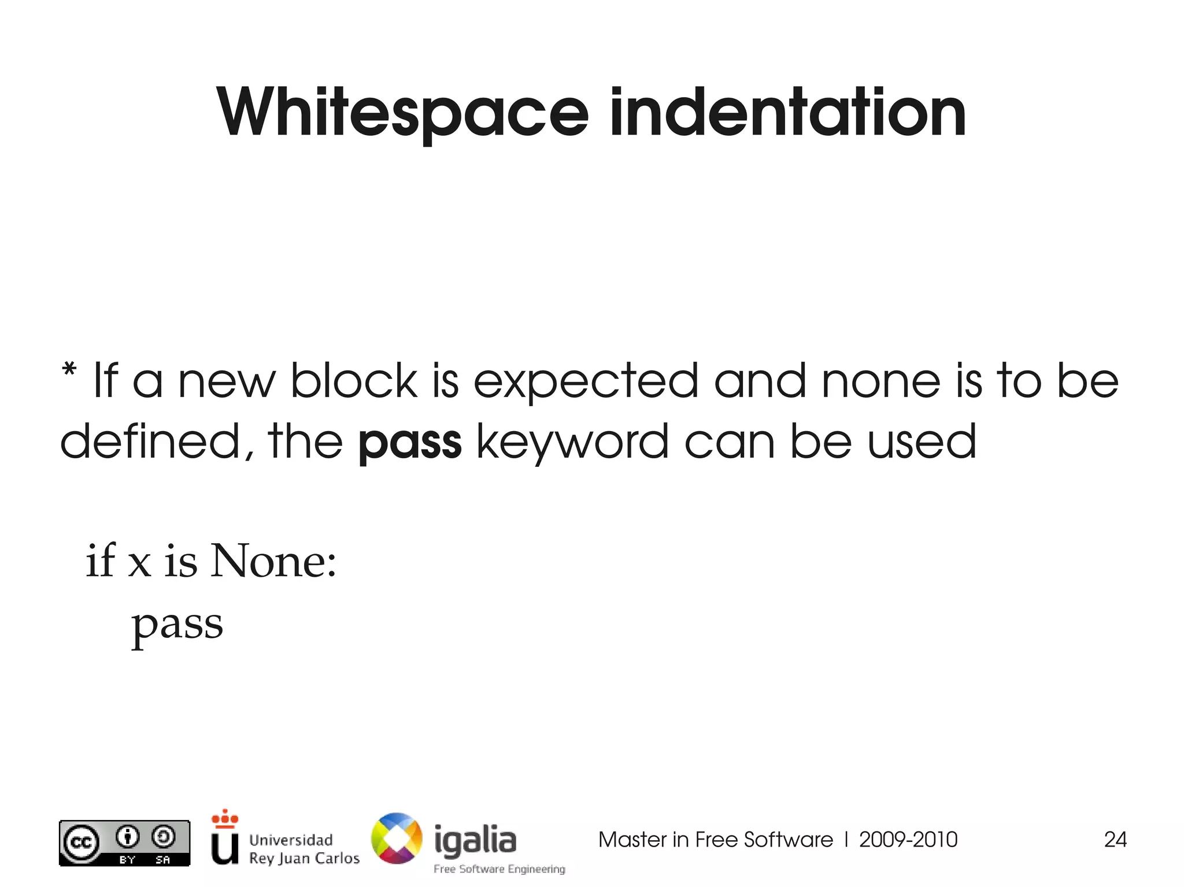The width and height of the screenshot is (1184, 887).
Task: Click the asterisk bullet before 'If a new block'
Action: point(69,370)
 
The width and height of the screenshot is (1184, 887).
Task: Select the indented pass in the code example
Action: point(177,625)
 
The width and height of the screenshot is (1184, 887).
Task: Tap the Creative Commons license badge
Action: point(124,843)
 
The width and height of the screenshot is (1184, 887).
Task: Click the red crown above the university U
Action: point(225,818)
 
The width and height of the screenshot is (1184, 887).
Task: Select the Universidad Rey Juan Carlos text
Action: point(304,849)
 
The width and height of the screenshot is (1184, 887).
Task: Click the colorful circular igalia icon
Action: point(397,838)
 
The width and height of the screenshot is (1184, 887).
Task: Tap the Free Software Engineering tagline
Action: point(499,869)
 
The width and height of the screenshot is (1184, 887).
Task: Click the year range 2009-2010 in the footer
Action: point(908,840)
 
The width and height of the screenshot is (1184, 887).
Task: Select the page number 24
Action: point(1115,840)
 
